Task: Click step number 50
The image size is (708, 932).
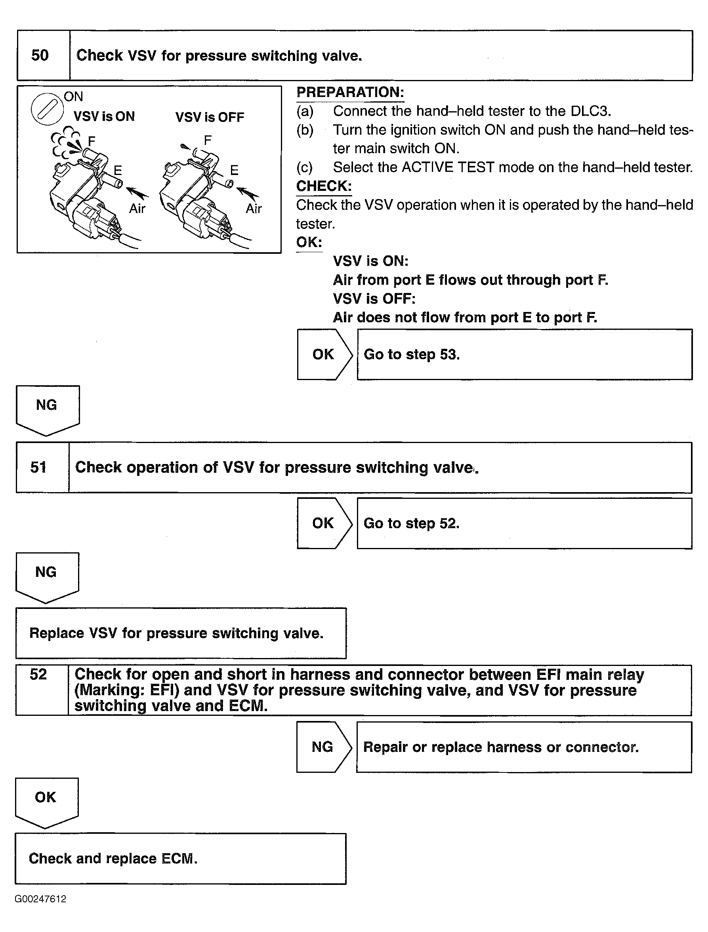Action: click(40, 55)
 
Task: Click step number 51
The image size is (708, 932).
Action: click(38, 467)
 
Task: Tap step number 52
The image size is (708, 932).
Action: click(38, 674)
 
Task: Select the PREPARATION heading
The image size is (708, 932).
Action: click(350, 92)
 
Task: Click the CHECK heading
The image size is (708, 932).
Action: click(324, 186)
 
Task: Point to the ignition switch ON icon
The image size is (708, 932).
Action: click(47, 110)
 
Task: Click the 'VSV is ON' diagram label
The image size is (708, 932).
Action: click(104, 116)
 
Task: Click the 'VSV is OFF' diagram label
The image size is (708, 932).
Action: click(210, 117)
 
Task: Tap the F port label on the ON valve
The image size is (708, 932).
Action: click(92, 141)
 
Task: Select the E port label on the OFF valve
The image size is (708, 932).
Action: click(234, 170)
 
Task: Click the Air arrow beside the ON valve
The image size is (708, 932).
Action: click(137, 193)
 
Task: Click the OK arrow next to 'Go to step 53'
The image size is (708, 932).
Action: click(324, 354)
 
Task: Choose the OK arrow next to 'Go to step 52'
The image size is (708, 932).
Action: click(324, 523)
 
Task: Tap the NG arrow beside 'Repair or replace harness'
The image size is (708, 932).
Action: click(323, 747)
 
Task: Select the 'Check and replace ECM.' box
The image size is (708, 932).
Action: click(181, 859)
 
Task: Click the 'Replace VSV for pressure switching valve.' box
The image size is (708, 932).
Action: click(181, 633)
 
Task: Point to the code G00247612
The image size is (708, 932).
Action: click(40, 899)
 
